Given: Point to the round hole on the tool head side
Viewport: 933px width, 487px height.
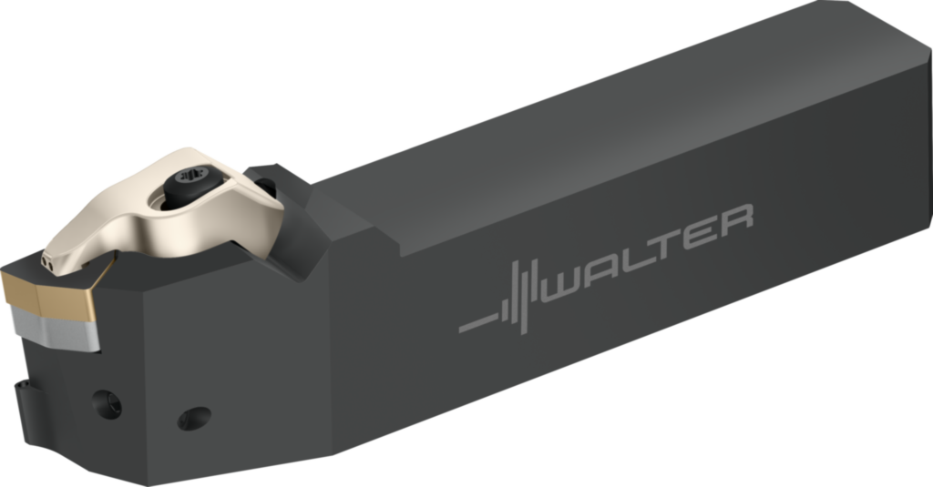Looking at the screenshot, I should point(108,403).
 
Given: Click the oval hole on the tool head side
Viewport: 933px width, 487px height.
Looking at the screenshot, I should point(193,418).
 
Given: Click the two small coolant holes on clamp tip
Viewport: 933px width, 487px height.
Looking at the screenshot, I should point(46,262).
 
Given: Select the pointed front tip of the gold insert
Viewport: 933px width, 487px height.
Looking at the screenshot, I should point(6,282).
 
